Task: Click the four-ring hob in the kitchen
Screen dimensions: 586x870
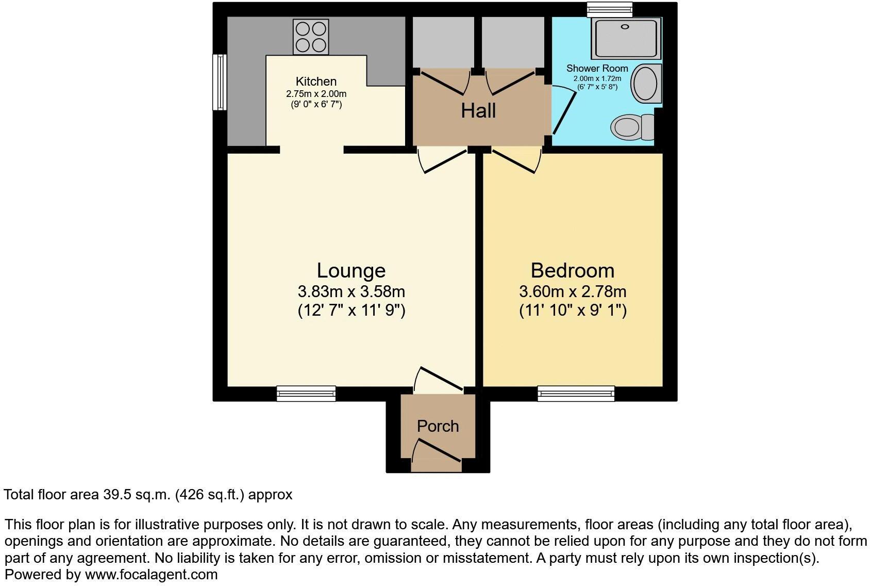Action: (x=311, y=37)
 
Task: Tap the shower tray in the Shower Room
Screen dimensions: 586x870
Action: (x=626, y=38)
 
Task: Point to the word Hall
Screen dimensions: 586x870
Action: (x=478, y=111)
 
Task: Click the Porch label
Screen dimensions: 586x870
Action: (x=438, y=426)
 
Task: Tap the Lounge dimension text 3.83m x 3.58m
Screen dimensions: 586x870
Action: (x=351, y=291)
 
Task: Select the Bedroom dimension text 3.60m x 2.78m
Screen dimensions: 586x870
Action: (x=572, y=291)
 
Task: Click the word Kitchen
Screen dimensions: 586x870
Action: (x=316, y=82)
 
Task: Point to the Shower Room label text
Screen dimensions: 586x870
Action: (x=597, y=68)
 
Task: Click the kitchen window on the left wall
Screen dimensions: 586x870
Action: (x=220, y=82)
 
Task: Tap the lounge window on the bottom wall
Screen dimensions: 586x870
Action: (x=306, y=394)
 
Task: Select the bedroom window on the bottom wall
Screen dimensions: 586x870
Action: (x=576, y=394)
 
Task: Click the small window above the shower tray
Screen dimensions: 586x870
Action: (x=610, y=8)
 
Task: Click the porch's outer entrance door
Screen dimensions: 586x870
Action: (x=437, y=451)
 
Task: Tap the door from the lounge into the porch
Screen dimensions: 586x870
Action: (x=439, y=379)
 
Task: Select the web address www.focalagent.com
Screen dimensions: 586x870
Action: (x=151, y=574)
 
